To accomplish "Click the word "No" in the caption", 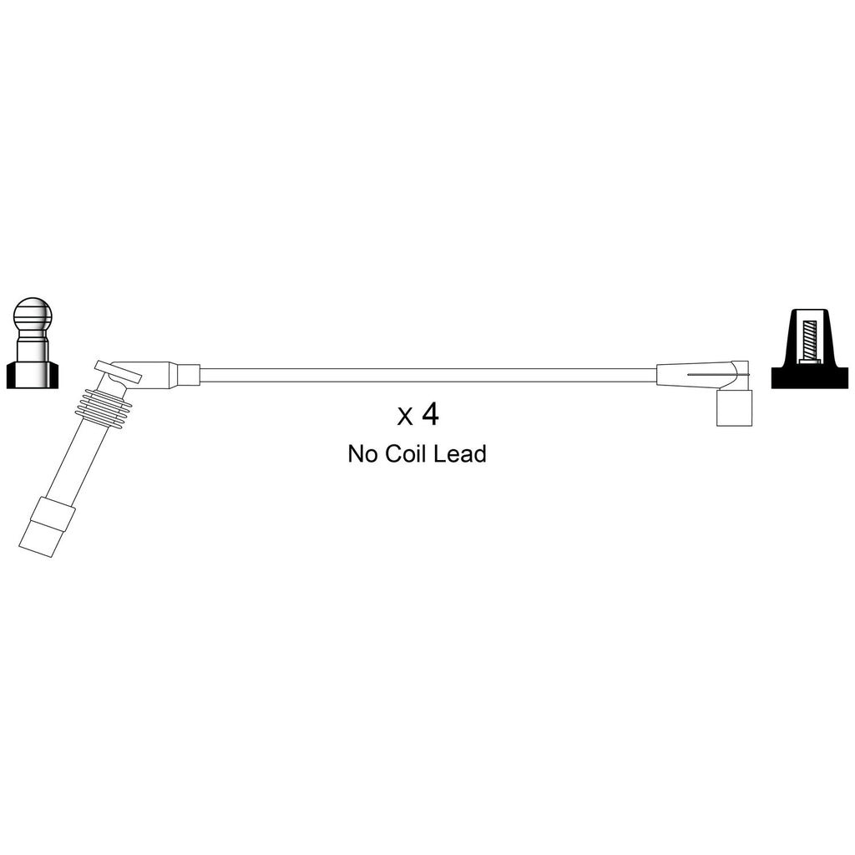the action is [363, 453].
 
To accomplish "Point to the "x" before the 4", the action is [405, 417].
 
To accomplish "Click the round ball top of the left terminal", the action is [33, 315].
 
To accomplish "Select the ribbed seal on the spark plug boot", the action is [104, 407].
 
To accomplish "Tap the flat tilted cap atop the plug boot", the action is [118, 371].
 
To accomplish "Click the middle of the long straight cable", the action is [428, 375].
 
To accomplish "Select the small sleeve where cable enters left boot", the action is [188, 375].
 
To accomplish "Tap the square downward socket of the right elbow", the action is [734, 407].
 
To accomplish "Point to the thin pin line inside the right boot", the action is [719, 375].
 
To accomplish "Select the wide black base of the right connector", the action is [810, 377].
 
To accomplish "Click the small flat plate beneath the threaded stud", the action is [810, 361].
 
